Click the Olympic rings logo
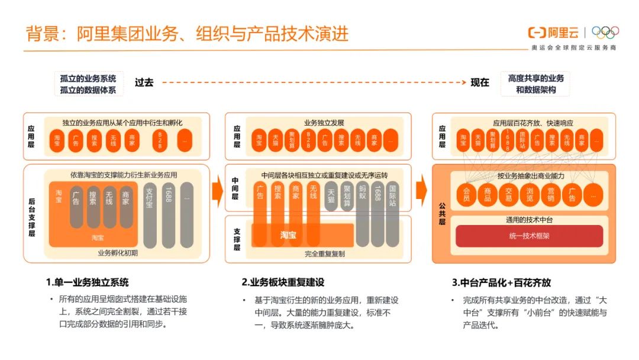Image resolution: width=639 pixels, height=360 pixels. pos(605,33)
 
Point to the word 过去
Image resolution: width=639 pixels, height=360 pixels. pos(144,83)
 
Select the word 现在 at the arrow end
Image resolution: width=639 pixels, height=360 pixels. pos(480,83)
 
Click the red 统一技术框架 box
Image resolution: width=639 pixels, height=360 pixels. pos(529,236)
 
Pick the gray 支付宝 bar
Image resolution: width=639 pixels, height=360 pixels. pos(150,214)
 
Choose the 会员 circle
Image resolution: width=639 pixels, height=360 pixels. pos(466,194)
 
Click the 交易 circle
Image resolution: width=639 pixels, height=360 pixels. pos(508,194)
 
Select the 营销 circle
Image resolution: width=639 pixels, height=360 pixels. pos(550,194)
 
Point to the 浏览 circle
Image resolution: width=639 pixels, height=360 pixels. pos(530,194)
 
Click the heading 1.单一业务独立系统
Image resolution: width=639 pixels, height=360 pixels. pos(87,282)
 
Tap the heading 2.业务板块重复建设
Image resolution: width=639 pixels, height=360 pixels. pos(283,282)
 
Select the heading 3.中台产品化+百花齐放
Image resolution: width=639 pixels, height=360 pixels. pos(501,282)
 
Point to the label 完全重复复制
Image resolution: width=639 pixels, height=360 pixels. pos(325,253)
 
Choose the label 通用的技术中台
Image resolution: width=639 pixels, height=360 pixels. pos(529,219)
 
